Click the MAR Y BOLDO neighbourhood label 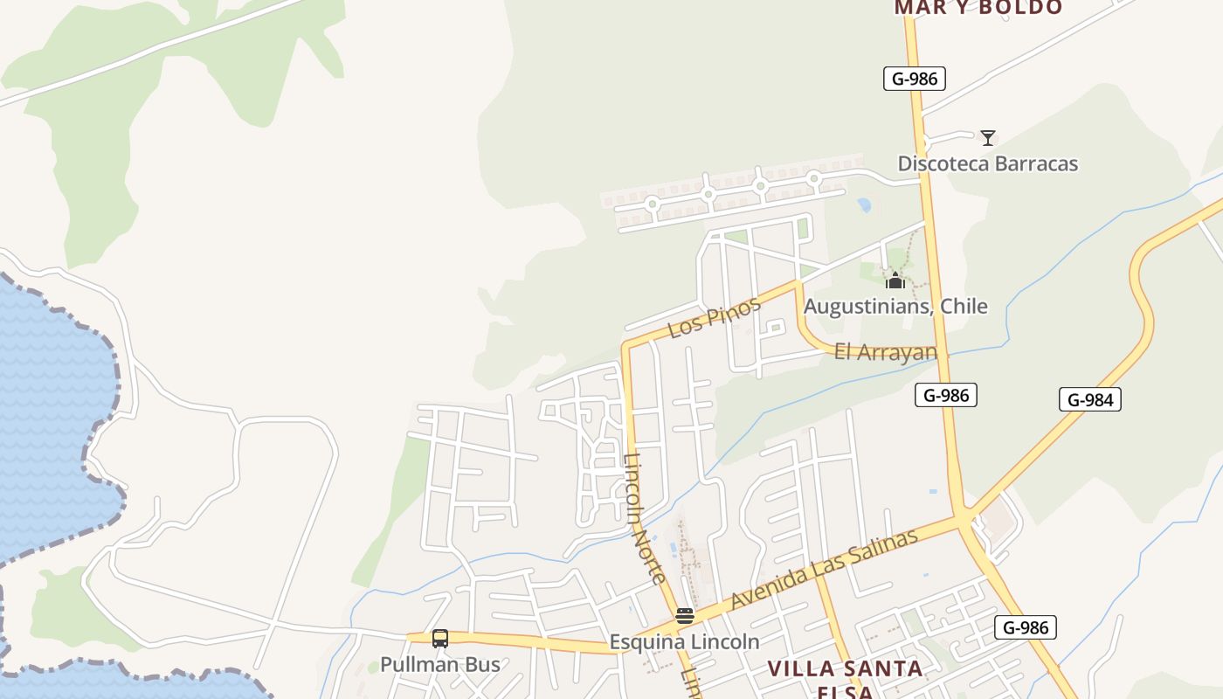pos(978,8)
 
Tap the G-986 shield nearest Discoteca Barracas pos(915,79)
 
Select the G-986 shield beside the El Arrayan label pos(945,395)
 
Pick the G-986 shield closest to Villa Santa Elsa pos(1026,627)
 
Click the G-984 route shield pos(1090,400)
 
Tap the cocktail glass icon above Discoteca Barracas pos(987,138)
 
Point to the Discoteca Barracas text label pos(987,163)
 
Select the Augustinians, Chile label pos(895,307)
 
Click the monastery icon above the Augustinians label pos(895,280)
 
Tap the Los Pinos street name pos(714,317)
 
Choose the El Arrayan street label pos(885,352)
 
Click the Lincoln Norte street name pos(645,518)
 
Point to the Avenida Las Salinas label pos(824,569)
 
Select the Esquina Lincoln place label pos(684,641)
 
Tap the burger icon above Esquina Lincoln pos(684,616)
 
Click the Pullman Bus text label pos(439,664)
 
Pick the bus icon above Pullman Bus pos(439,639)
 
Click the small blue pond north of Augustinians pos(864,205)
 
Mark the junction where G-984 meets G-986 pos(964,516)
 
